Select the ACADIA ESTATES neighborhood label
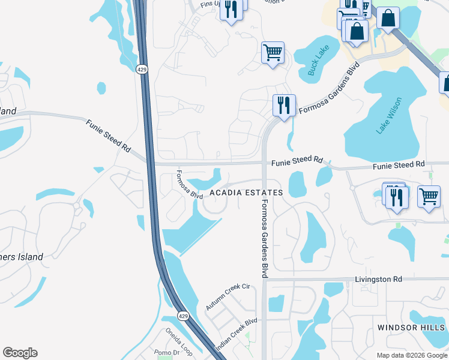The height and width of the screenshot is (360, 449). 246,193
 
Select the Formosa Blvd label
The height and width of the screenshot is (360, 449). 188,185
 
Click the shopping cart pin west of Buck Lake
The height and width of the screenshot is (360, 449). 273,52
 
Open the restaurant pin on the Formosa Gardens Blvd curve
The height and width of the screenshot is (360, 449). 283,105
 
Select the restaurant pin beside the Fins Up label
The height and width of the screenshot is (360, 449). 232,9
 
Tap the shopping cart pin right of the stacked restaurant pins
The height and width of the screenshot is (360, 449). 429,196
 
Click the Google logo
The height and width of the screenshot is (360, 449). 20,353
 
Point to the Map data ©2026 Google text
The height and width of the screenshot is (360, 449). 411,355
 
